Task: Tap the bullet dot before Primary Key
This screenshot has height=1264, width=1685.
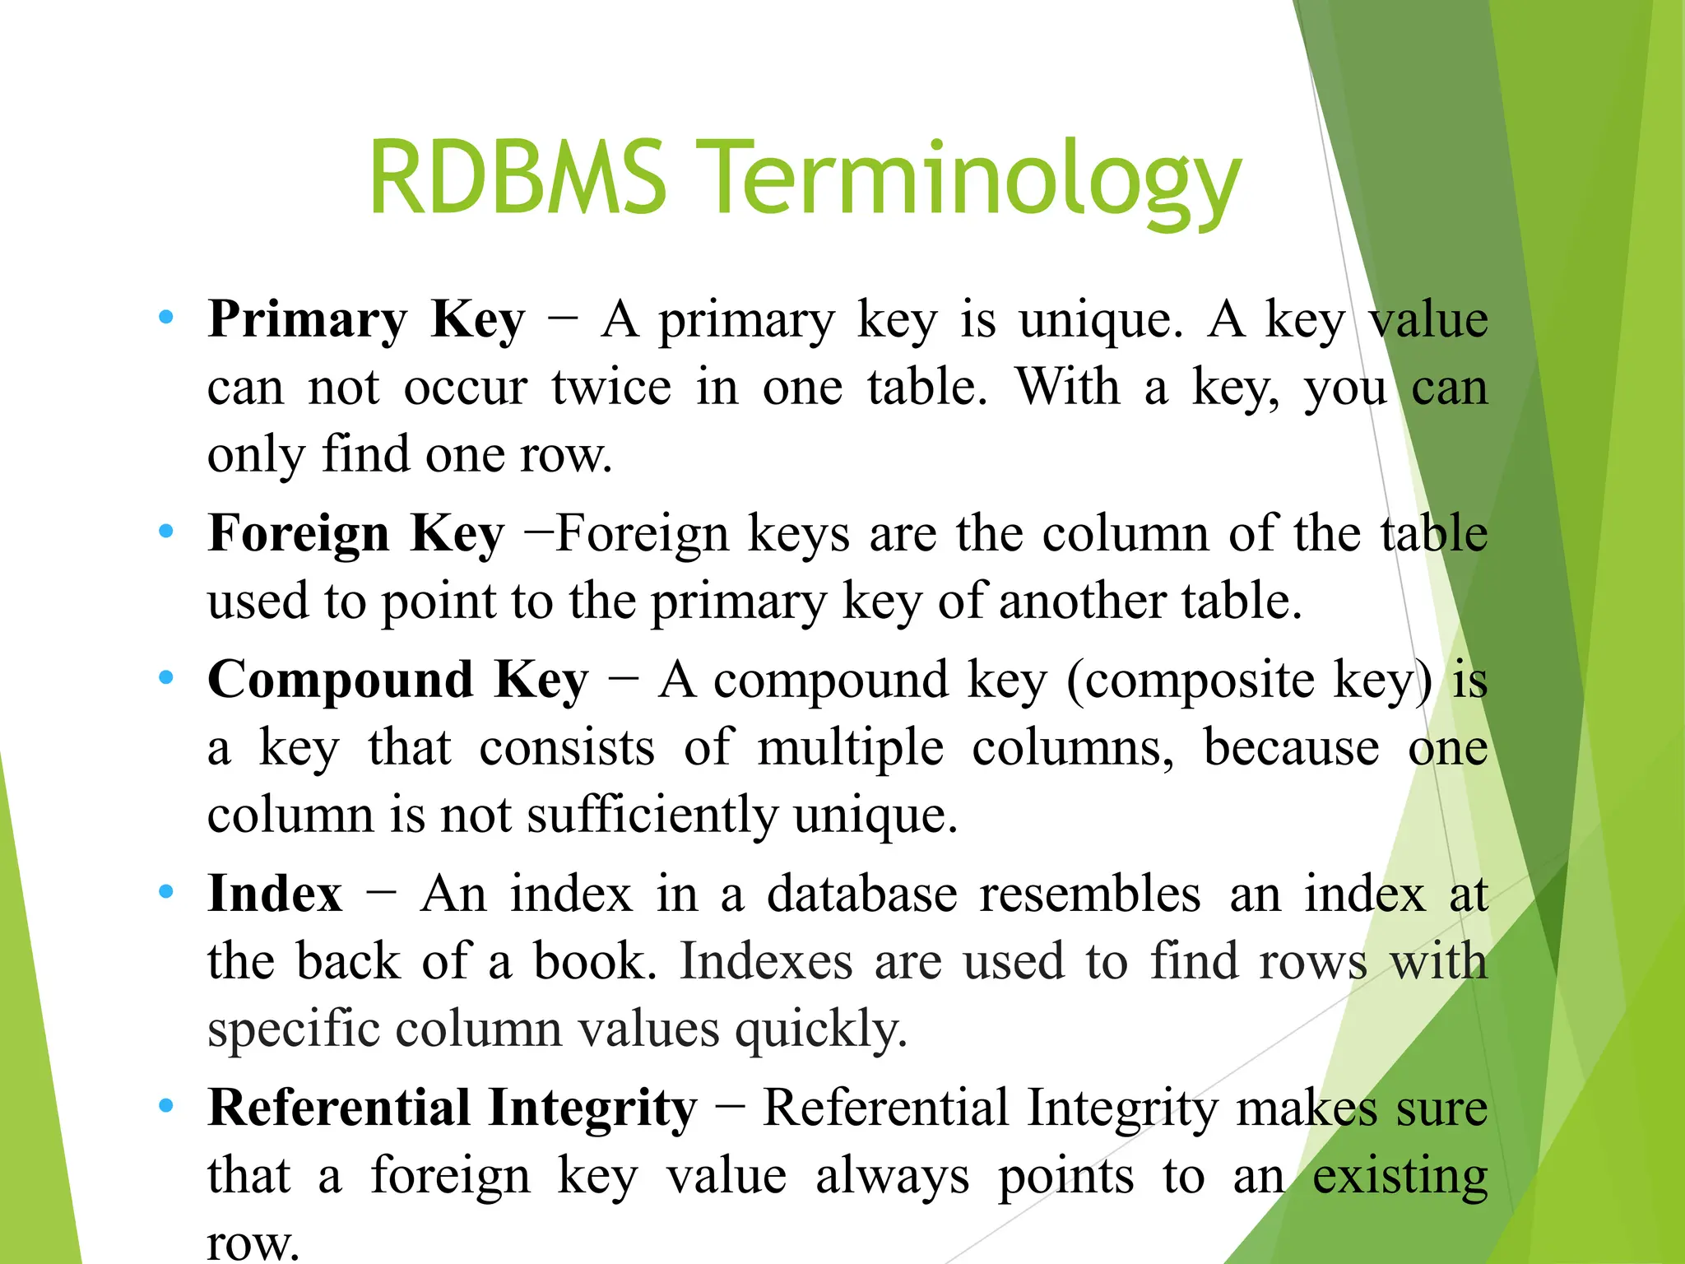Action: tap(166, 317)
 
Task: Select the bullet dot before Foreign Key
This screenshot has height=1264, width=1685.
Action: tap(166, 532)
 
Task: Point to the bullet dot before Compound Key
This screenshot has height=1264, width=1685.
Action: tap(166, 678)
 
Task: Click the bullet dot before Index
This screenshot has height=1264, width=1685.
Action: tap(166, 892)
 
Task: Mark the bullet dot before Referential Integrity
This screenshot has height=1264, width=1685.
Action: tap(166, 1106)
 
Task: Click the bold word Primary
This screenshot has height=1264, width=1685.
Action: tap(308, 319)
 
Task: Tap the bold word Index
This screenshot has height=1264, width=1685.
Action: tap(275, 893)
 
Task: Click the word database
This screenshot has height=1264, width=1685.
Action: tap(861, 894)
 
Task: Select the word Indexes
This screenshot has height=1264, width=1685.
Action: tap(766, 961)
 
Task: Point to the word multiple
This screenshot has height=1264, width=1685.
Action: tap(850, 749)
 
